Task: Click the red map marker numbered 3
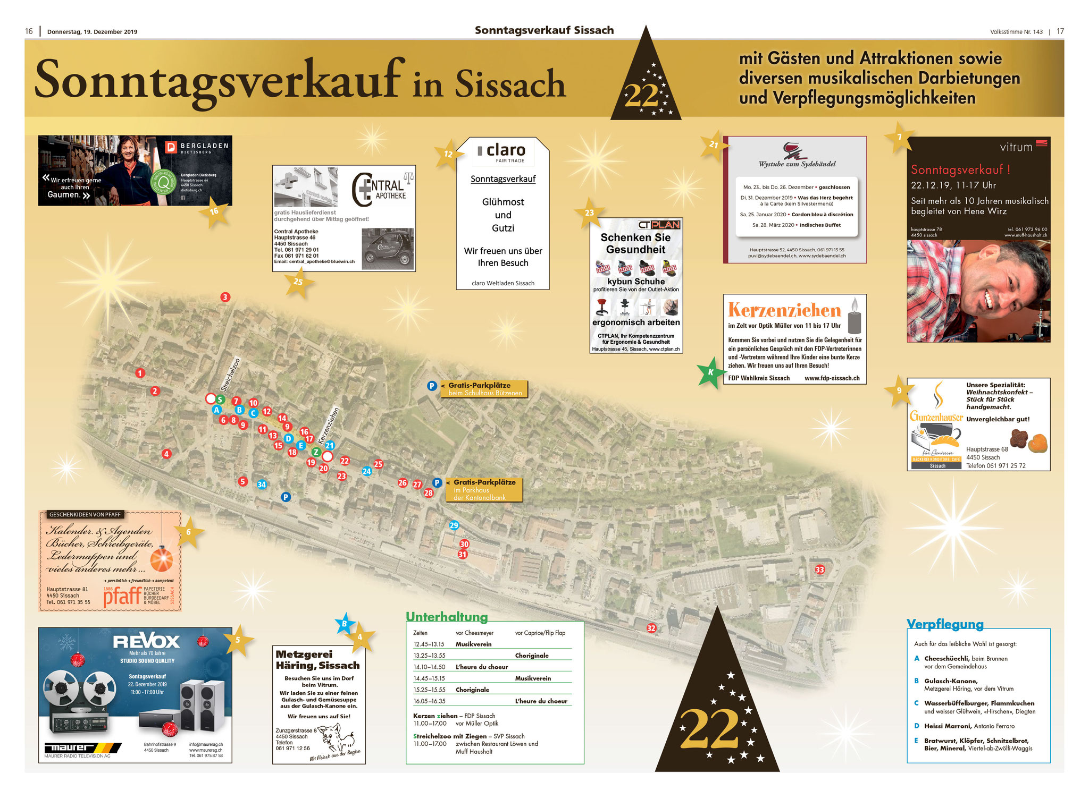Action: pyautogui.click(x=225, y=297)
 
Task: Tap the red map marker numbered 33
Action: pyautogui.click(x=820, y=569)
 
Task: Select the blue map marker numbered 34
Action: pyautogui.click(x=262, y=484)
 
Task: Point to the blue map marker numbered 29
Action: pyautogui.click(x=454, y=525)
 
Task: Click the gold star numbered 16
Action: pyautogui.click(x=214, y=211)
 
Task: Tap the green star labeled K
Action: pyautogui.click(x=710, y=372)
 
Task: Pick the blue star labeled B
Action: pyautogui.click(x=345, y=624)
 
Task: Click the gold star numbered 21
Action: pyautogui.click(x=713, y=144)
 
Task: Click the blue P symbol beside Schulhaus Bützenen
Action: pyautogui.click(x=432, y=386)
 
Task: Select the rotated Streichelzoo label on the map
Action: pyautogui.click(x=230, y=374)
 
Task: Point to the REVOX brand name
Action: pyautogui.click(x=146, y=641)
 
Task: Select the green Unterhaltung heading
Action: pyautogui.click(x=447, y=617)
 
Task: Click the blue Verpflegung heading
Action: pyautogui.click(x=945, y=624)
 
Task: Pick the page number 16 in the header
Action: pyautogui.click(x=29, y=31)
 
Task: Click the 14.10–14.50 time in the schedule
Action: pyautogui.click(x=429, y=667)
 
